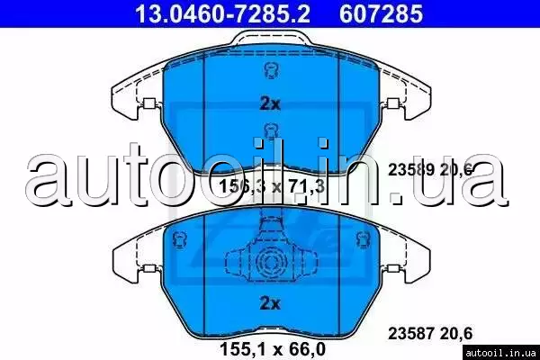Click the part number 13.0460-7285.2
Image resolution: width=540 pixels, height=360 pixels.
pyautogui.click(x=223, y=13)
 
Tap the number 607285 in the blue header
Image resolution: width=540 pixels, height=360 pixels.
pyautogui.click(x=381, y=13)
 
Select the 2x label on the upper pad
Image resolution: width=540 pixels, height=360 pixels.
pyautogui.click(x=270, y=103)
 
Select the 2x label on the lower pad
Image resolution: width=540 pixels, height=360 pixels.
pyautogui.click(x=270, y=303)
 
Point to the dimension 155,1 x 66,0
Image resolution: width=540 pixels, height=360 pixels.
pyautogui.click(x=273, y=348)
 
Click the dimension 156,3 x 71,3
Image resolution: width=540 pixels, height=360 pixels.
pyautogui.click(x=272, y=186)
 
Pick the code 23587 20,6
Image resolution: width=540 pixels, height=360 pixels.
pyautogui.click(x=430, y=333)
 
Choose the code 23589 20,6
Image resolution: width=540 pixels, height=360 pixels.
pyautogui.click(x=430, y=169)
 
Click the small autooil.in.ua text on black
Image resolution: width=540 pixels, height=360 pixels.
pyautogui.click(x=499, y=353)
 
